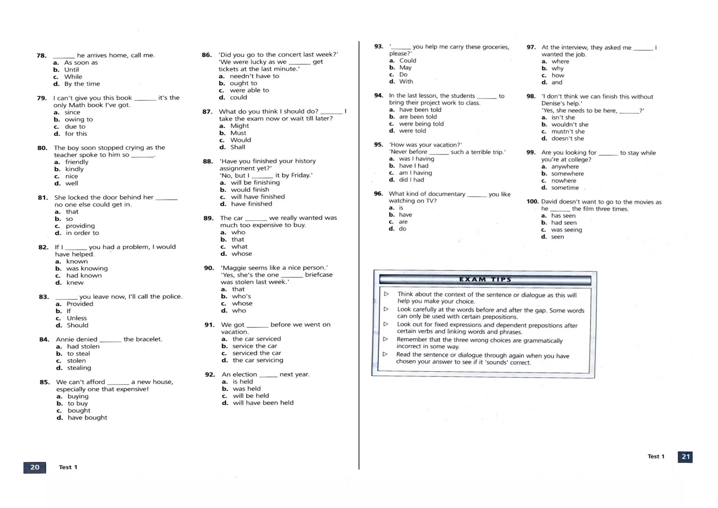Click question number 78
click(41, 55)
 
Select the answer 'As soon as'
click(81, 62)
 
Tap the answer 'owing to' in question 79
click(79, 119)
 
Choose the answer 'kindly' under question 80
click(74, 169)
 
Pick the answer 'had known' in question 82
click(84, 275)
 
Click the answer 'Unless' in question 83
click(76, 318)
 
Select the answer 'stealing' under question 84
click(79, 368)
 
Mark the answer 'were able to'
click(249, 90)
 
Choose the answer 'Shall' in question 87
click(237, 147)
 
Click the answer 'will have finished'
click(258, 196)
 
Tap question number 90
click(209, 268)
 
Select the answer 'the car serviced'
click(256, 339)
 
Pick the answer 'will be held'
click(251, 395)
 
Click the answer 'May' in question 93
click(405, 67)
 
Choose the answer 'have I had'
click(413, 166)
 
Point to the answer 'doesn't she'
click(567, 138)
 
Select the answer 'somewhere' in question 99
click(567, 174)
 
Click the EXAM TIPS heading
click(485, 280)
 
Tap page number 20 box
click(35, 467)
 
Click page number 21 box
click(685, 457)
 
